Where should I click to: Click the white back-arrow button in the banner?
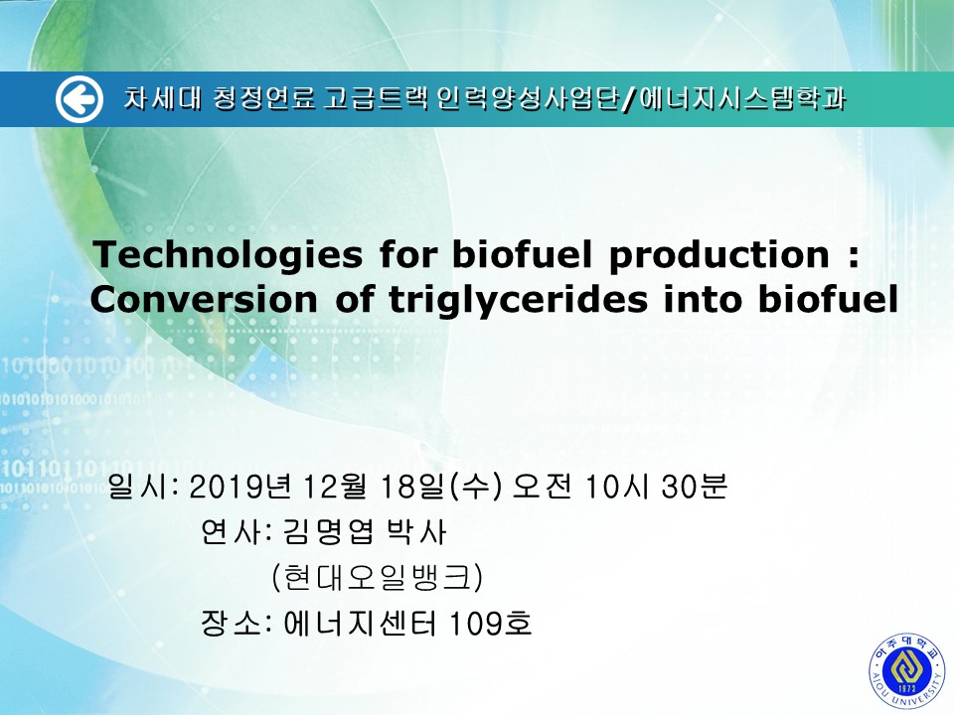pos(79,99)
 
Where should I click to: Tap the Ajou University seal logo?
pos(906,671)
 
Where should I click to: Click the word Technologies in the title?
pos(229,255)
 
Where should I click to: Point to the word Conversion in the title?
pos(204,299)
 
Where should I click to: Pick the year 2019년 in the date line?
pos(240,487)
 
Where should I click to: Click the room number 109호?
pos(490,624)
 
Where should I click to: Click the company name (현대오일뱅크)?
pos(378,577)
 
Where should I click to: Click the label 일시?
pos(143,487)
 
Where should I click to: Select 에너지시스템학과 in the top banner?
pos(742,99)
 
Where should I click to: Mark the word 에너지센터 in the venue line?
pos(360,624)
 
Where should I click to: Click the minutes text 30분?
pos(694,487)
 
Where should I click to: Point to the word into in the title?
pos(703,299)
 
